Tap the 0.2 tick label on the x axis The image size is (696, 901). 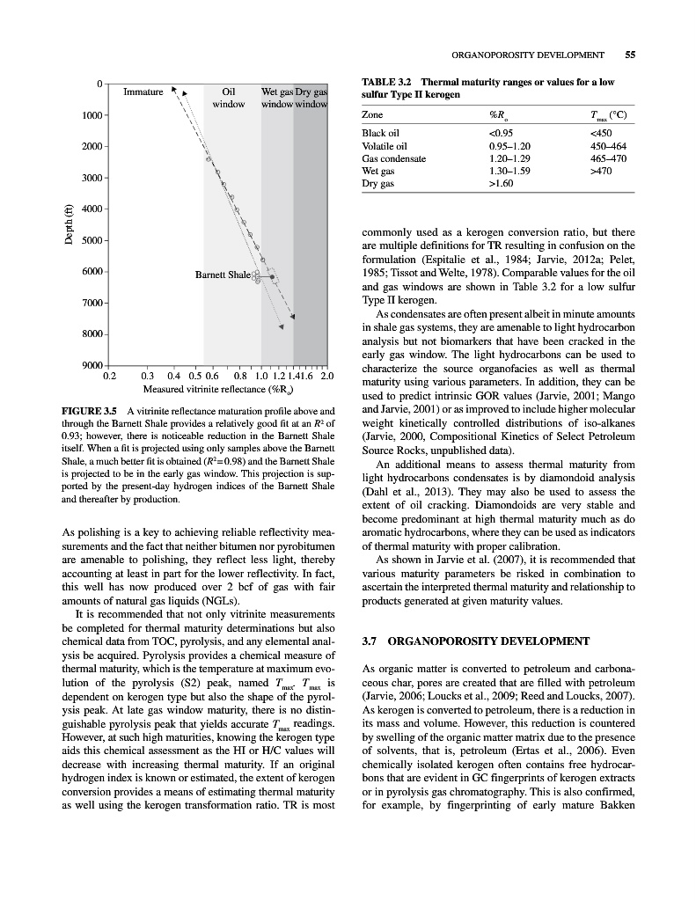click(109, 377)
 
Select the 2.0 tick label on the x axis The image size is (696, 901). click(326, 377)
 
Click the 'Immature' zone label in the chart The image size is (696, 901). click(143, 92)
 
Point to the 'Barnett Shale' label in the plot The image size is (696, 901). click(223, 275)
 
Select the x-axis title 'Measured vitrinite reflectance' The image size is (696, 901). click(217, 389)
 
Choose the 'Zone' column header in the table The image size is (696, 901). click(374, 115)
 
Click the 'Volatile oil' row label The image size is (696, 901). click(385, 146)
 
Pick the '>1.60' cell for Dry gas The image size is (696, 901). click(501, 184)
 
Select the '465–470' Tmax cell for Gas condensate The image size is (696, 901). click(589, 158)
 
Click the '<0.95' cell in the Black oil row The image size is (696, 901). click(501, 134)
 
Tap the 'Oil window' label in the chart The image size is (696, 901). click(229, 98)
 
